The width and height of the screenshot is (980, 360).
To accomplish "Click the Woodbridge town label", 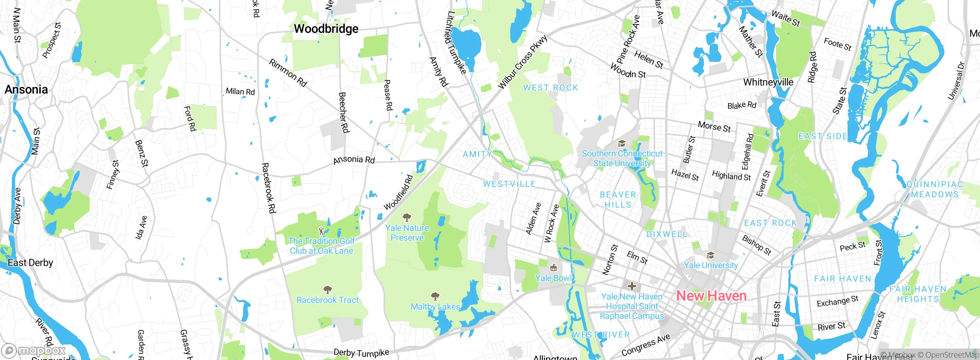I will pos(326,29).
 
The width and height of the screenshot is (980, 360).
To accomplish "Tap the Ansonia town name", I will pos(26,90).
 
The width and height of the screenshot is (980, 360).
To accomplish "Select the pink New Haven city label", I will pos(711,296).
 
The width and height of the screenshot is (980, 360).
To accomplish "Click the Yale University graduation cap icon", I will pos(710,255).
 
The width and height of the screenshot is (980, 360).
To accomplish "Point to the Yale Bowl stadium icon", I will pos(553,268).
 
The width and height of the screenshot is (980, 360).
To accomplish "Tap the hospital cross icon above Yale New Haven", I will pos(632,286).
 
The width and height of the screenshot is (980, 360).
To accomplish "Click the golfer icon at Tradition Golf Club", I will pos(321,231).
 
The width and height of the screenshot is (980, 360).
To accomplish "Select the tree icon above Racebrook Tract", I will pos(327,290).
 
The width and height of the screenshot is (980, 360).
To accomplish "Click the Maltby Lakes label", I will pos(435,307).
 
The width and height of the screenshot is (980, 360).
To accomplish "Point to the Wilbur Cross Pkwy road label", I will pos(523,62).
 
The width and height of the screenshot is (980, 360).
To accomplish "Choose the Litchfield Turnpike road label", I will pos(456,42).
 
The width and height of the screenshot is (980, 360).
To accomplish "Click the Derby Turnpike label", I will pos(361,352).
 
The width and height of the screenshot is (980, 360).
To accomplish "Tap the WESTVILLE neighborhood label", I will pos(509,184).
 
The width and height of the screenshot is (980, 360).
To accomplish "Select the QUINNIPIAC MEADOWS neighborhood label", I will pos(934,189).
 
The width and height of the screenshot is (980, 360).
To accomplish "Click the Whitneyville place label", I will pos(768,82).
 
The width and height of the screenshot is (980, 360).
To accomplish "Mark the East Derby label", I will pos(30,263).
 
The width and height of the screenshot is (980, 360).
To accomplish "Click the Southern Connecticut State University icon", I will pos(622,144).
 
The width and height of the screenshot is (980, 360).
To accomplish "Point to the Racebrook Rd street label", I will pos(268,188).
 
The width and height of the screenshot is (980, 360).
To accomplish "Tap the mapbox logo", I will pos(34,350).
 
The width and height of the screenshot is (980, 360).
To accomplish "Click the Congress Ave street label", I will pos(645,345).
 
